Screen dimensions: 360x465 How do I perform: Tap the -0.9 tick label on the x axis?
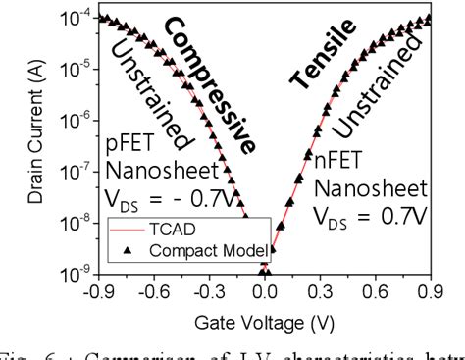[x=96, y=291]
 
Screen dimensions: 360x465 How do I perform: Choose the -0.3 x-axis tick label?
[x=209, y=291]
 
